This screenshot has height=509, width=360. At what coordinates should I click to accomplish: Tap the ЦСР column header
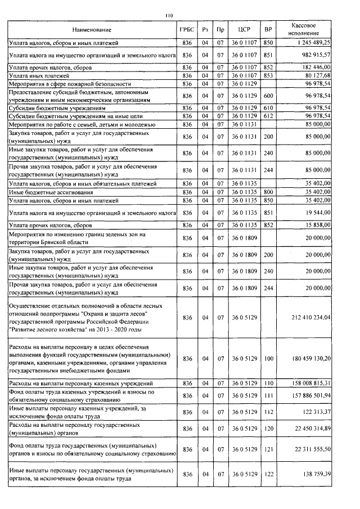coord(244,29)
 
